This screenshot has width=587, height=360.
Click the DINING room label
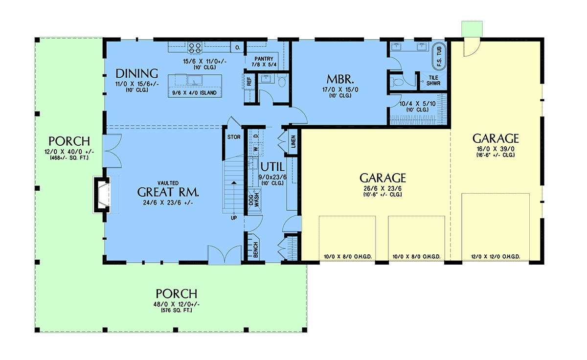137,74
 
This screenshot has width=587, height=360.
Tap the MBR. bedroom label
340,79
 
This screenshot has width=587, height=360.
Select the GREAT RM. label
168,192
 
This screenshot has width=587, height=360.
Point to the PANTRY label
264,59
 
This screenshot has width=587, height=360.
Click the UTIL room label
272,167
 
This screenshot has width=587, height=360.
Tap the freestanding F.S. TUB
439,57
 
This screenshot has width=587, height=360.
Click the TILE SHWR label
433,80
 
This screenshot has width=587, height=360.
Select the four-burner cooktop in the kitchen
195,48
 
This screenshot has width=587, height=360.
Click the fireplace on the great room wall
102,195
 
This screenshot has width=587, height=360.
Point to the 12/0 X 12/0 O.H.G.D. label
496,257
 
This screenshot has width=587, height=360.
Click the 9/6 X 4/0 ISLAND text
195,93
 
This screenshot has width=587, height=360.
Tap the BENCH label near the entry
256,249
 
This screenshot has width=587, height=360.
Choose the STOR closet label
234,137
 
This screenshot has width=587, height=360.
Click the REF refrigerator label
249,81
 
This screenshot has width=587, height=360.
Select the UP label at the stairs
234,218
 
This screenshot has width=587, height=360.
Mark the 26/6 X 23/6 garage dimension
383,189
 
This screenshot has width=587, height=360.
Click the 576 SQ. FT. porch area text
177,311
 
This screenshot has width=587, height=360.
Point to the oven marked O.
237,47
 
